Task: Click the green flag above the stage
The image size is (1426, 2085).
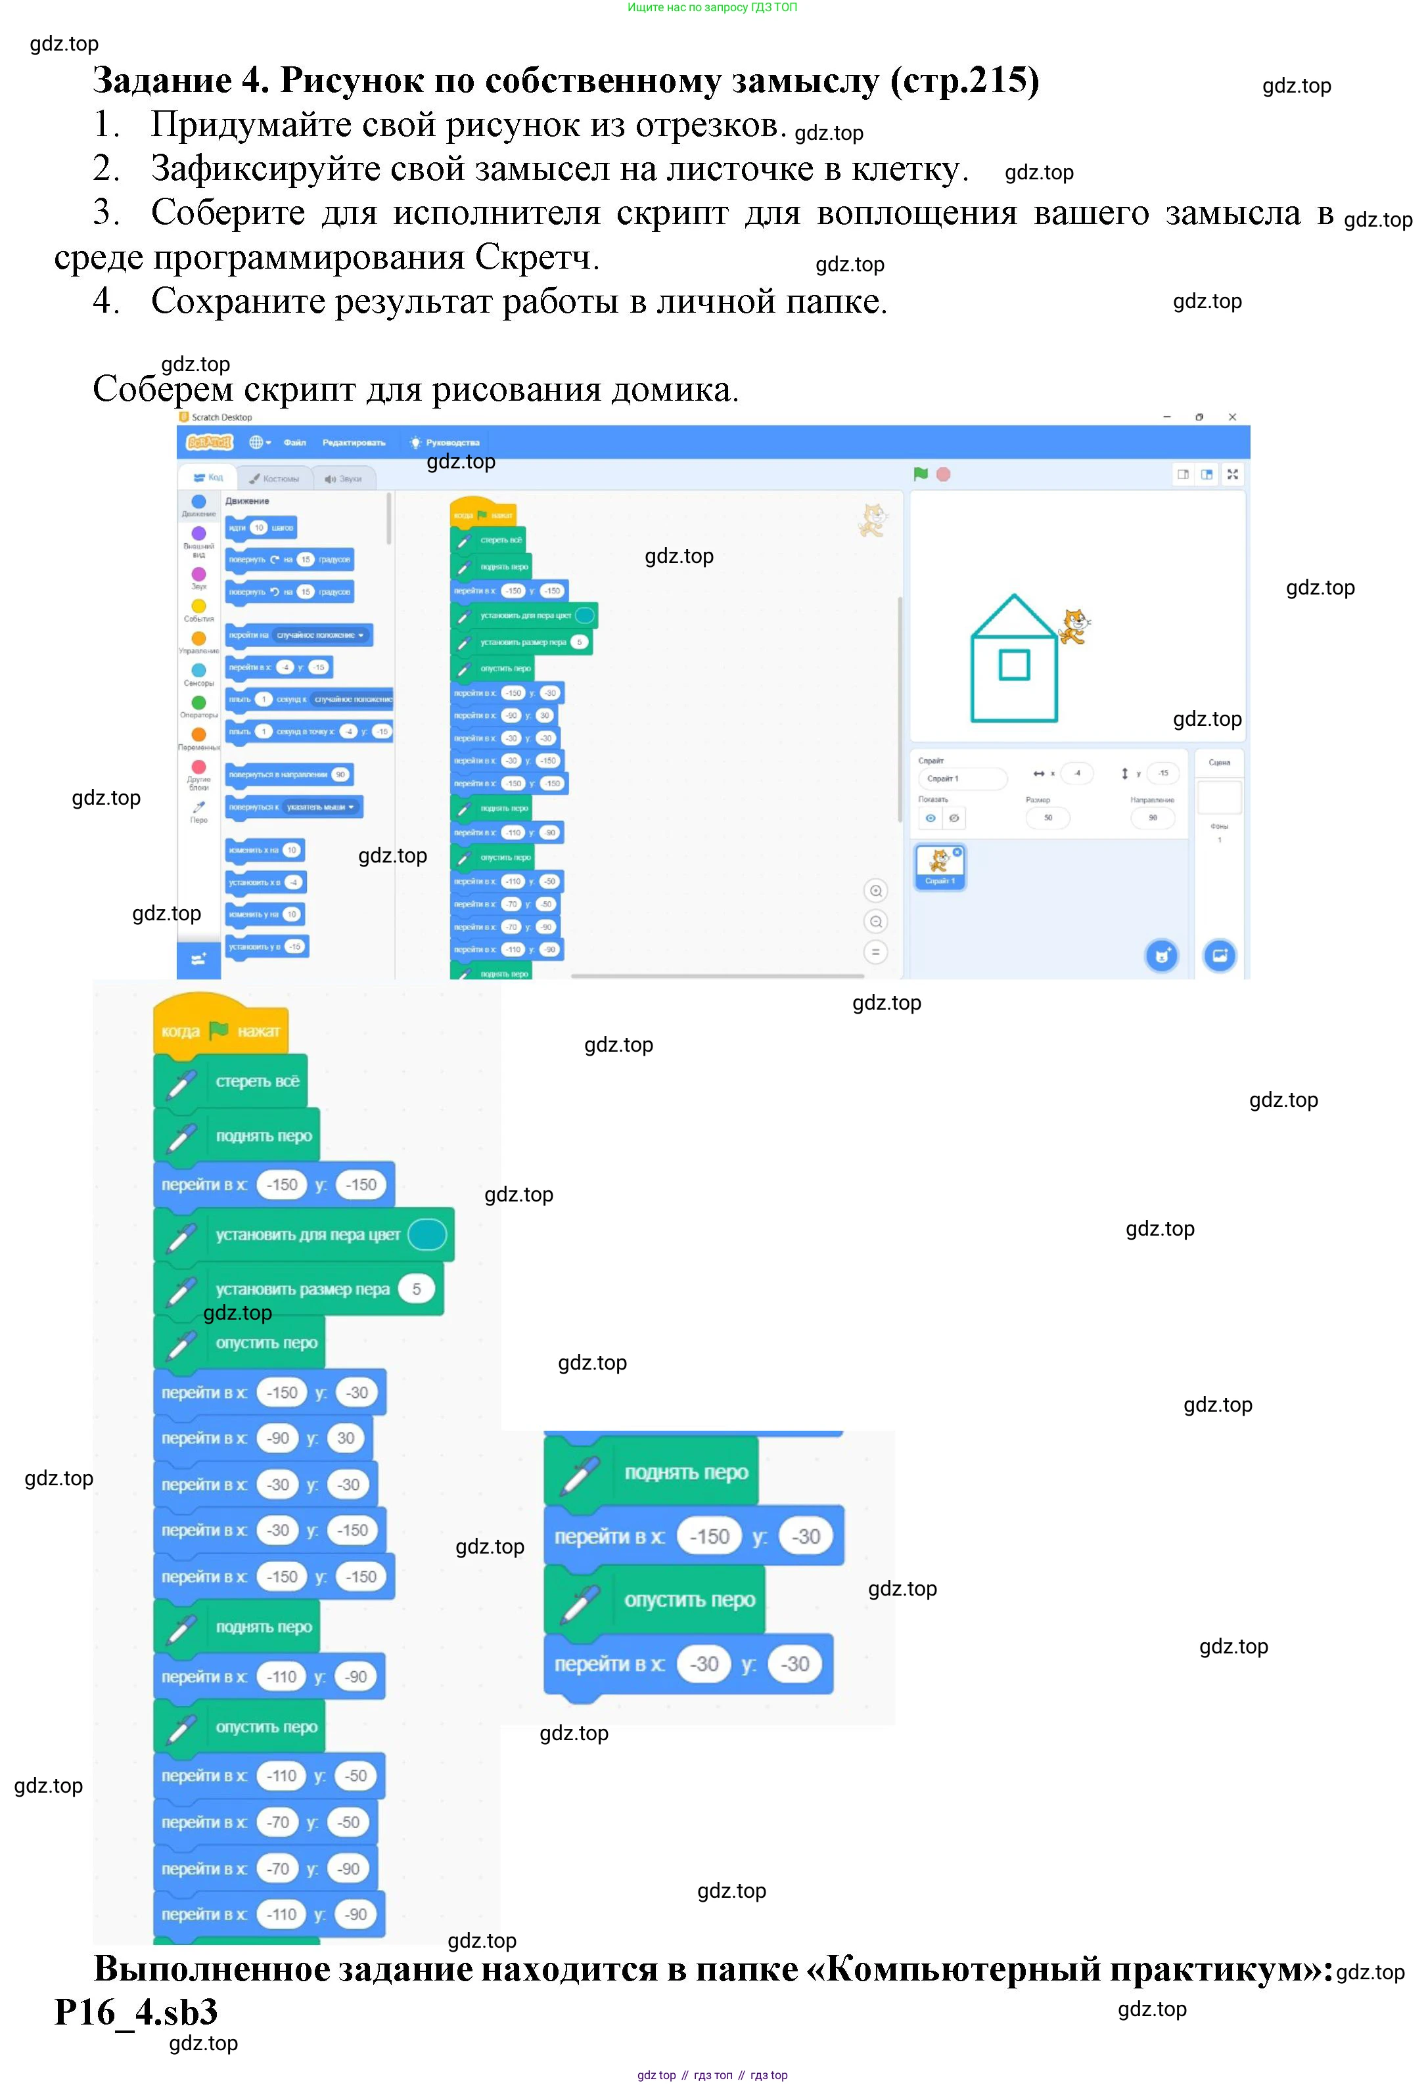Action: point(920,474)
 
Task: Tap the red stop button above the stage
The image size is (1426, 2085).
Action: point(943,474)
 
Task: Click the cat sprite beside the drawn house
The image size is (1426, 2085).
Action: point(1073,626)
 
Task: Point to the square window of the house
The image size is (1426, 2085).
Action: point(1014,665)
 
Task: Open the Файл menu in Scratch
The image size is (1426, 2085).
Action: point(294,442)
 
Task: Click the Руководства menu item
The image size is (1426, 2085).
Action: point(451,442)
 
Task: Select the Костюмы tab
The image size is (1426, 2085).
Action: point(275,478)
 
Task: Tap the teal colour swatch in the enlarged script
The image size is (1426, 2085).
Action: point(427,1234)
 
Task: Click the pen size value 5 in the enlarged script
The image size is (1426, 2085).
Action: point(417,1289)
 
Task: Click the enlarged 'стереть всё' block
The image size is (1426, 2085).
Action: point(231,1081)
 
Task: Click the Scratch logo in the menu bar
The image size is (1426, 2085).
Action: point(208,442)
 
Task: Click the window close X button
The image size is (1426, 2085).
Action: point(1232,417)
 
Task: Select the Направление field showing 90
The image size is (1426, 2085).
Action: point(1152,817)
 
